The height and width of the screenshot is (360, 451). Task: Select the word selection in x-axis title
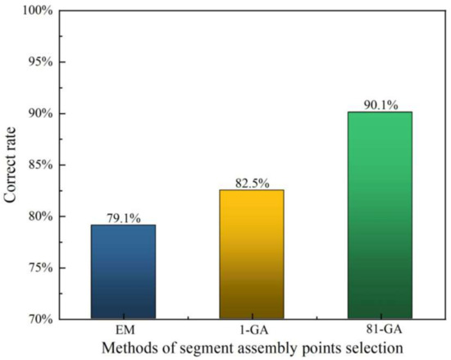click(375, 348)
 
